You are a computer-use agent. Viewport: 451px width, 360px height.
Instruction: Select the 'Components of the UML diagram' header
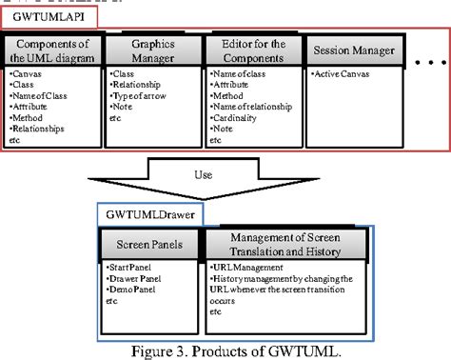coord(52,51)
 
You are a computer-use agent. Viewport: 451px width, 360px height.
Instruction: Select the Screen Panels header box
coord(153,247)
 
